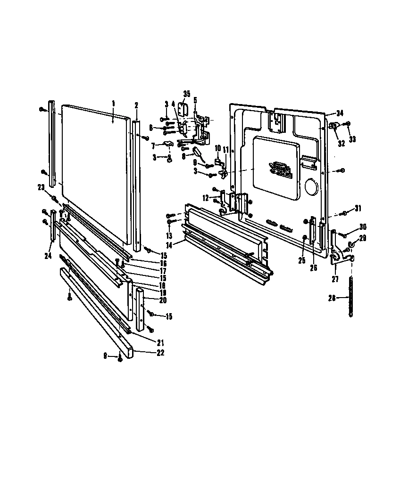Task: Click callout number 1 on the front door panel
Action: point(113,103)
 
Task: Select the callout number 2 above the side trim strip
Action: point(136,105)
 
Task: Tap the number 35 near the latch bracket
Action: point(186,94)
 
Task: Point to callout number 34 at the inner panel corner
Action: point(341,113)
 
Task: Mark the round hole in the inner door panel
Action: point(311,187)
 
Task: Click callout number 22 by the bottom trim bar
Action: point(160,353)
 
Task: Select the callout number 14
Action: point(168,244)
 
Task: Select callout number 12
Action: point(206,197)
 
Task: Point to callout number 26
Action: point(314,268)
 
